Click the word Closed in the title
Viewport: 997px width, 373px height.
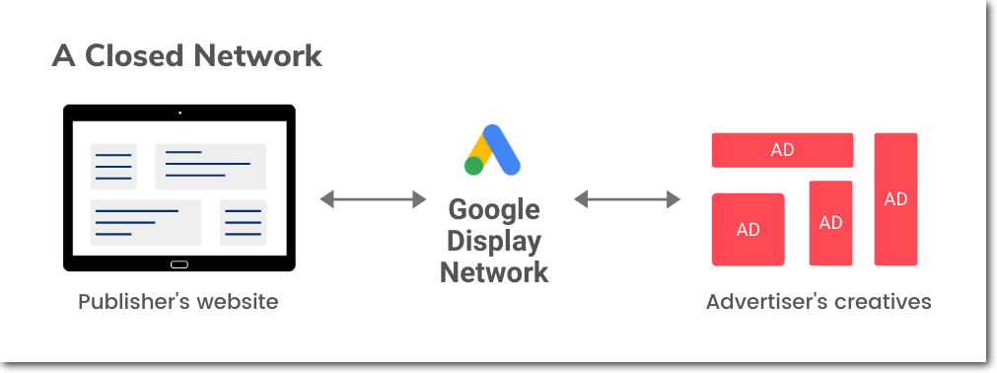coord(129,55)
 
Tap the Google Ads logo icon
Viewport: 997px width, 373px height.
coord(493,150)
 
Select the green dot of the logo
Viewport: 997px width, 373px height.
coord(474,166)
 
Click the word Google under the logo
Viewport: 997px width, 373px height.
coord(494,210)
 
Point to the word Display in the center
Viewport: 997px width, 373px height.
coord(494,241)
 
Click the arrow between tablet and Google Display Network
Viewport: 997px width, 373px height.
coord(373,199)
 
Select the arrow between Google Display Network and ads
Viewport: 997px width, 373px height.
coord(627,199)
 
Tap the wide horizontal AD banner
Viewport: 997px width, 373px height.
coord(782,150)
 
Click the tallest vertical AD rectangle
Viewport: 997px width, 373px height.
coord(895,199)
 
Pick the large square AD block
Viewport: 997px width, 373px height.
coord(748,229)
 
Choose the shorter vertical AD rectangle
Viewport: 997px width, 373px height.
coord(830,223)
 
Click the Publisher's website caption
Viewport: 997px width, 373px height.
coord(178,302)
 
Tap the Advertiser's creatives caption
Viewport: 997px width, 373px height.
coord(819,302)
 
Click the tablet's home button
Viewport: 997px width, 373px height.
coord(178,264)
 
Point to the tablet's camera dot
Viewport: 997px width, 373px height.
coord(179,112)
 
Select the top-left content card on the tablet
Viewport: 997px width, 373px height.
coord(113,166)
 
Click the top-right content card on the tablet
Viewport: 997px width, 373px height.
coord(210,166)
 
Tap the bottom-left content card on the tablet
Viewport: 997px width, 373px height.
coord(146,222)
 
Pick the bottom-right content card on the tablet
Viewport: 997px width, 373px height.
coord(243,222)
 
